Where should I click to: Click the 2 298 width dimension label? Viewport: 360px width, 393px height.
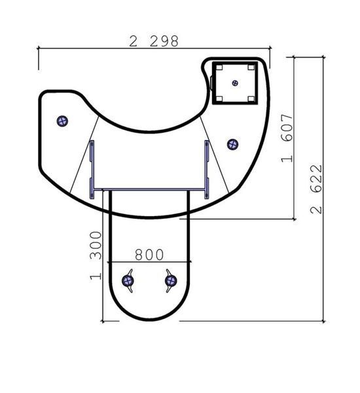pos(154,41)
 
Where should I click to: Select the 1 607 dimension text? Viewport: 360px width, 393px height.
pos(287,138)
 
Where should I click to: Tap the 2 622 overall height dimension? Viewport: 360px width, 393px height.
pos(316,189)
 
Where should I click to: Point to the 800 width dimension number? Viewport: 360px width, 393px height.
pos(149,255)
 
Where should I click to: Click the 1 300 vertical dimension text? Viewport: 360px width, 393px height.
pos(96,255)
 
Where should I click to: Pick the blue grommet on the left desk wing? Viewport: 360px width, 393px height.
pos(62,121)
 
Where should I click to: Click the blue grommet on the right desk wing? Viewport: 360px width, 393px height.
pos(233,144)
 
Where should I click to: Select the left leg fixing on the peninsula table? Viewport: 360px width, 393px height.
pos(128,281)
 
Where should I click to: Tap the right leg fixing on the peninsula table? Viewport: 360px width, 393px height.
pos(171,281)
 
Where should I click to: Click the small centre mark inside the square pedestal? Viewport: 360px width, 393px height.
pos(235,83)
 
